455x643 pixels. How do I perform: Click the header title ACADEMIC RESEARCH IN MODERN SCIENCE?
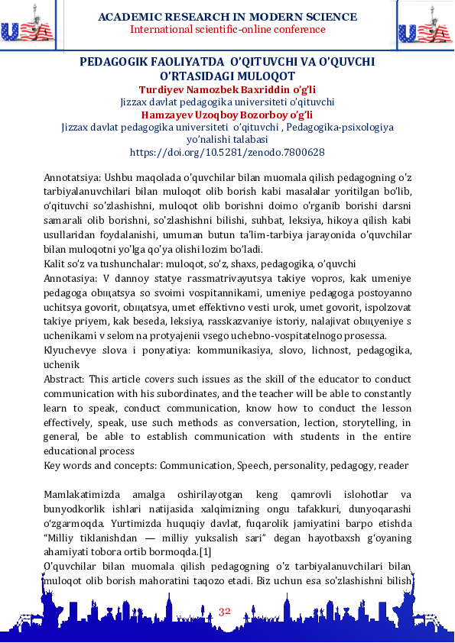coord(227,17)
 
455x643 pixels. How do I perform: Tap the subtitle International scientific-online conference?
coord(227,30)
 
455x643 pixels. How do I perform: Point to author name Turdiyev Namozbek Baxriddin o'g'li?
coord(227,89)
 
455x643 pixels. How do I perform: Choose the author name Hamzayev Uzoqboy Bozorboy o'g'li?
coord(227,115)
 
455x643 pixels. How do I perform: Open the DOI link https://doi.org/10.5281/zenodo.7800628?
coord(227,153)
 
